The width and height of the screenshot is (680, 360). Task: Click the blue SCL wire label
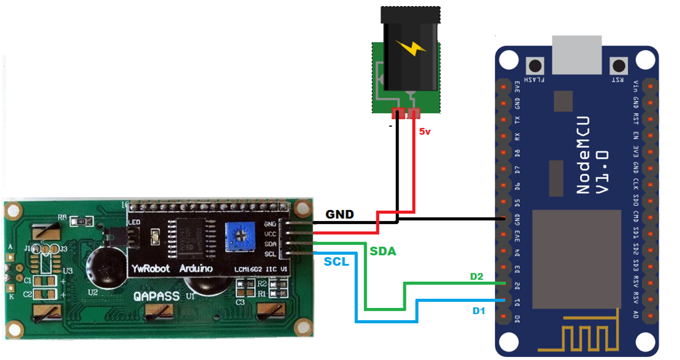[337, 261]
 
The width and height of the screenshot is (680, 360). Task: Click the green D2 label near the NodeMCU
[477, 277]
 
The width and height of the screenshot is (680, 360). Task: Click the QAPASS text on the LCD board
[157, 296]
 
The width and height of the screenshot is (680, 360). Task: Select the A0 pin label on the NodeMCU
[637, 317]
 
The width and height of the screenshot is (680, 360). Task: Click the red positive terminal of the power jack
[415, 113]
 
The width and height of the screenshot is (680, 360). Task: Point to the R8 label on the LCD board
[62, 217]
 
